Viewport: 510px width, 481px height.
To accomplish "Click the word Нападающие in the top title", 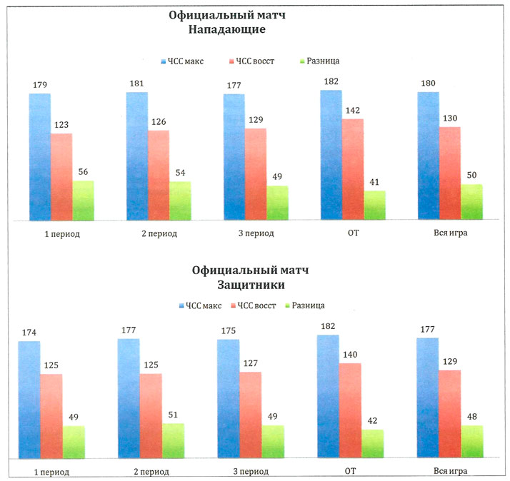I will click(227, 30).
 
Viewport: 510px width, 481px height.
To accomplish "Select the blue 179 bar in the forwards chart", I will click(40, 156).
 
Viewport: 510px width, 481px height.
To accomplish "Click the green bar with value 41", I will click(374, 205).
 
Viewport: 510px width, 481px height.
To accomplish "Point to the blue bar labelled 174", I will click(29, 399).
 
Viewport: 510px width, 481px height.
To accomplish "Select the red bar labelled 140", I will click(350, 410).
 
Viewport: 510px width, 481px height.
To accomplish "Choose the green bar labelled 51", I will click(173, 440).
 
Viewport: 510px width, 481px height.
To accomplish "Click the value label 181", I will click(136, 83).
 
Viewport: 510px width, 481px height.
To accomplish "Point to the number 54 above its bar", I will click(181, 173).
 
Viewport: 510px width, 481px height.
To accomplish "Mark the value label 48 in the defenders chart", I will click(472, 417).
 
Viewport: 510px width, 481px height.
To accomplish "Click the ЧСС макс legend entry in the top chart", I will click(182, 61).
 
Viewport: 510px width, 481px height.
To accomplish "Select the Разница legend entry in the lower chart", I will click(307, 305).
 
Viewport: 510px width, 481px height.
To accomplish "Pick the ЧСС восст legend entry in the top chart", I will click(254, 61).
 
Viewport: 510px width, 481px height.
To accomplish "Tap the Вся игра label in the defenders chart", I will click(450, 472).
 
